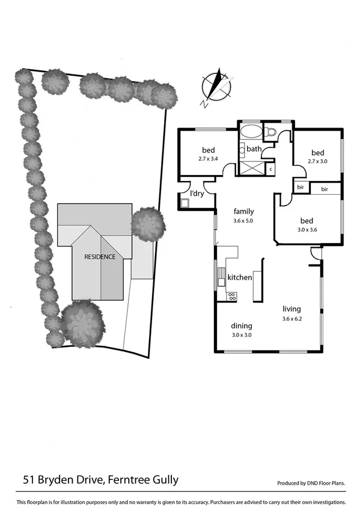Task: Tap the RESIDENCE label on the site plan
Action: (x=99, y=255)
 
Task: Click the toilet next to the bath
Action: (x=270, y=132)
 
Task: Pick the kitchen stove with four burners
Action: (x=231, y=295)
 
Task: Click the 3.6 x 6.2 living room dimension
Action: (x=292, y=318)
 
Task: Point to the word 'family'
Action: (x=243, y=211)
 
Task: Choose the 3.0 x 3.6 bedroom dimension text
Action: (x=307, y=229)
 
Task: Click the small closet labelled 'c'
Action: (x=270, y=169)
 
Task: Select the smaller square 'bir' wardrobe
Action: (x=300, y=188)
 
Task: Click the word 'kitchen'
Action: (x=239, y=278)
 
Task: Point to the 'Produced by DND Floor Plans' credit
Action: (x=311, y=483)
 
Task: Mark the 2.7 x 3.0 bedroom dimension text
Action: (x=318, y=161)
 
